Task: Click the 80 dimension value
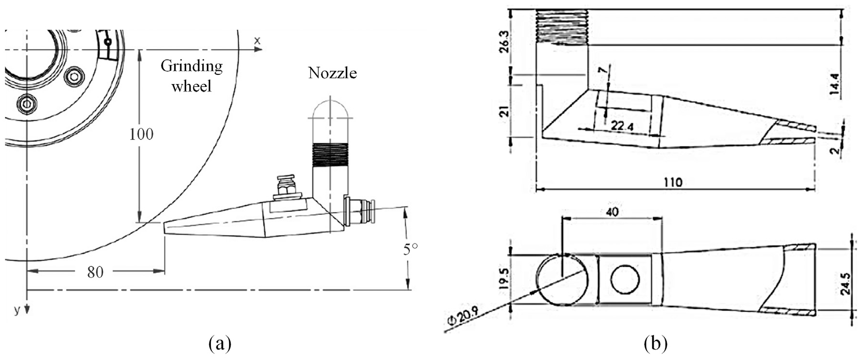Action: [x=95, y=272]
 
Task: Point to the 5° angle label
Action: [x=410, y=249]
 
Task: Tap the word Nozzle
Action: [x=332, y=73]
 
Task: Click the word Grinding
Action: [x=192, y=67]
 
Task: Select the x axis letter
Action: [x=257, y=41]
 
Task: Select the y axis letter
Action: [x=17, y=310]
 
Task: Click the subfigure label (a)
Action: [x=220, y=344]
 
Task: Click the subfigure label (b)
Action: [x=656, y=344]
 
